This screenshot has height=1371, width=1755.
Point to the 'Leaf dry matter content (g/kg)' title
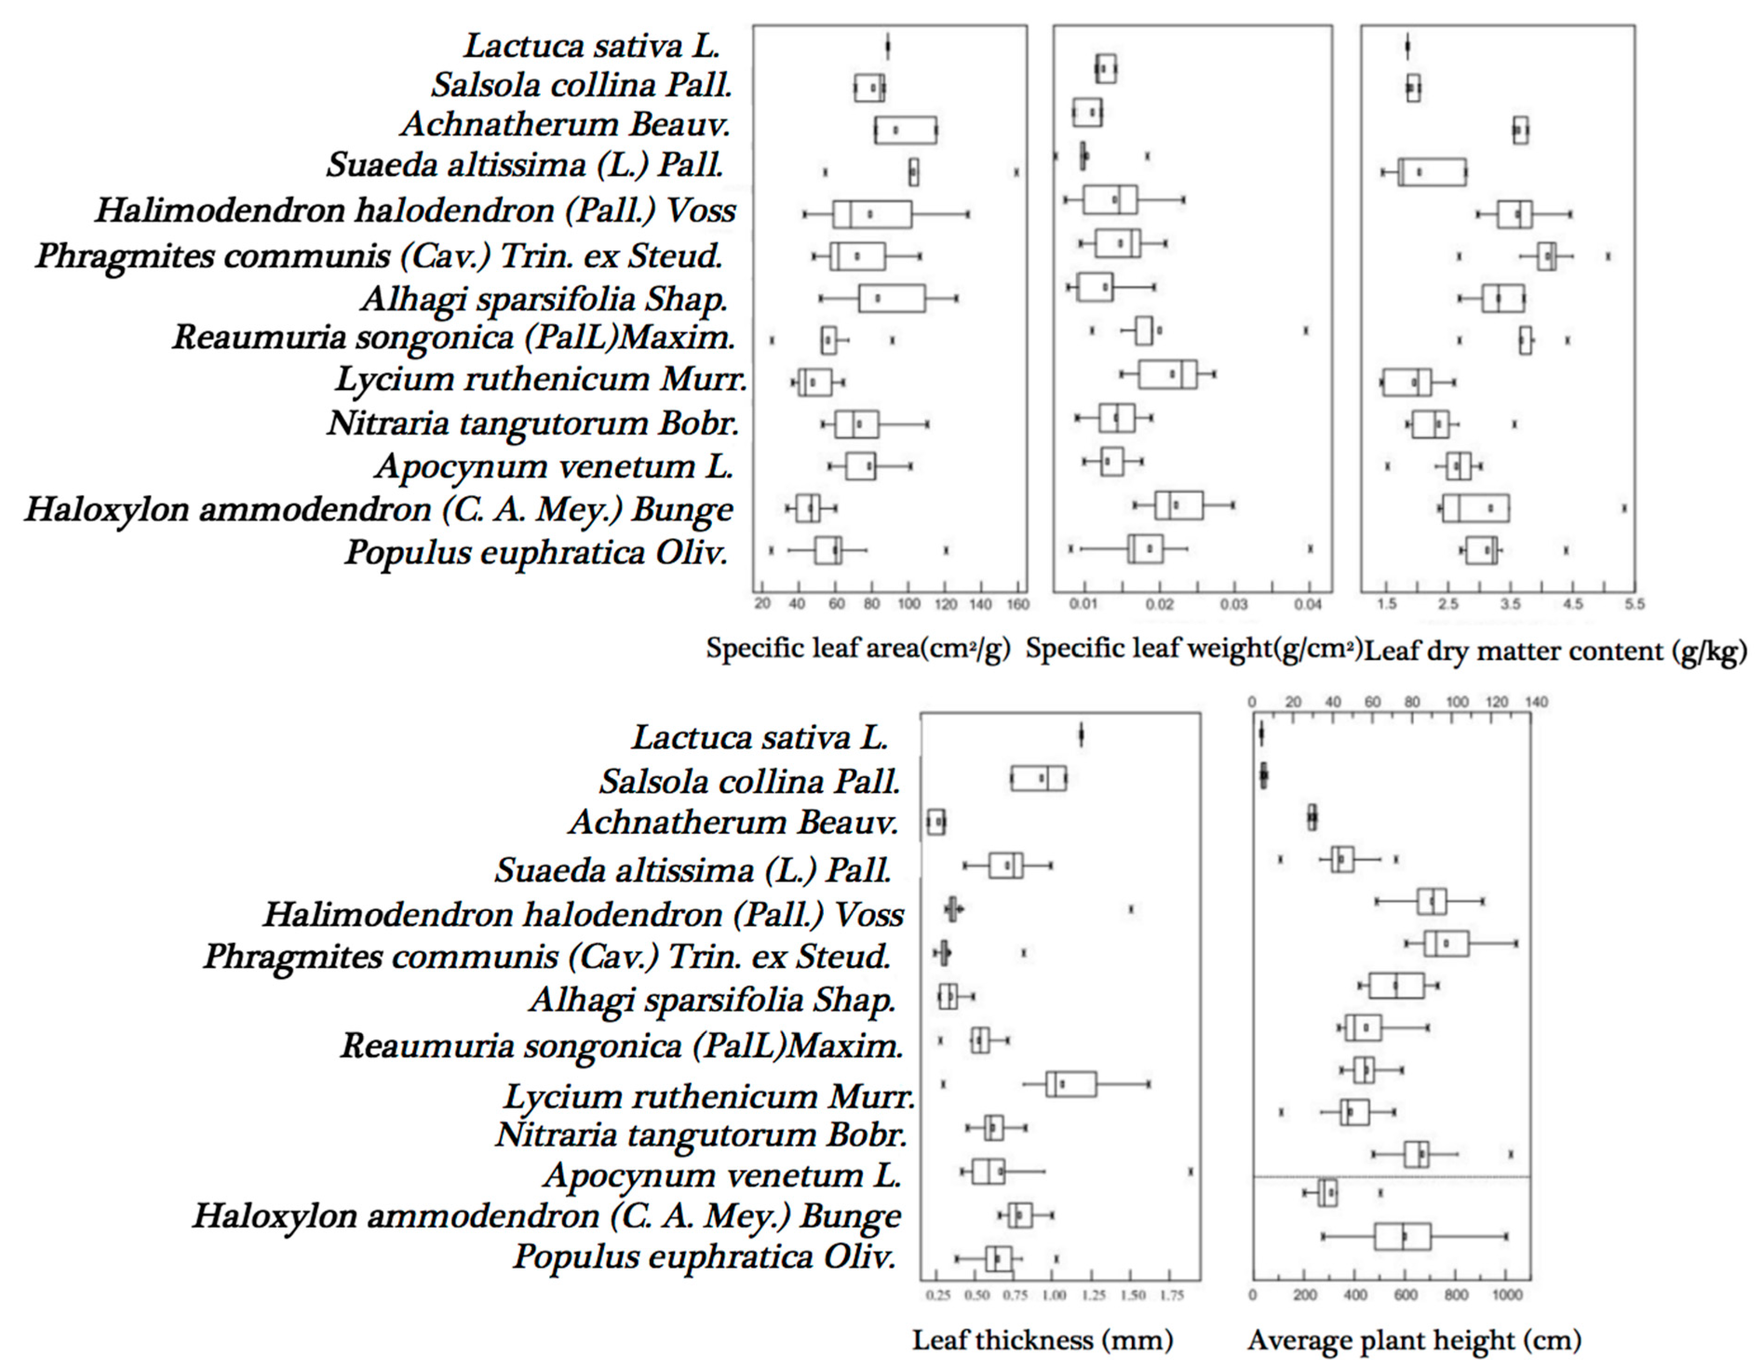(x=1555, y=650)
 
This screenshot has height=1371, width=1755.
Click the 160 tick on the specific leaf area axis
(x=1017, y=605)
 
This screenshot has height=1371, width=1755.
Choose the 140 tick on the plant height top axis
(x=1536, y=702)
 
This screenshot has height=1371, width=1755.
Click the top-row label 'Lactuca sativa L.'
(x=592, y=46)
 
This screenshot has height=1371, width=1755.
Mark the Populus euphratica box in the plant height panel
(x=1402, y=1236)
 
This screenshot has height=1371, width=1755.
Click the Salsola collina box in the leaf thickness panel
(x=1038, y=778)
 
